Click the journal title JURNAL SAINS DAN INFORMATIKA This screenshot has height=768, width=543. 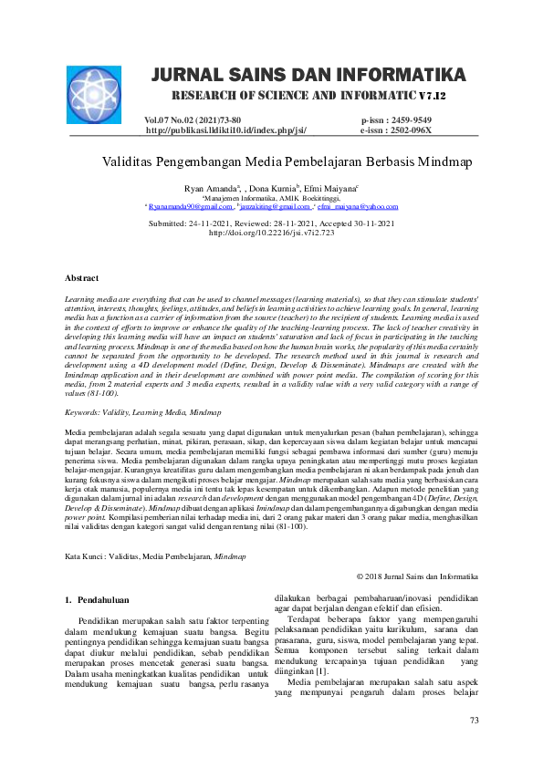coord(308,74)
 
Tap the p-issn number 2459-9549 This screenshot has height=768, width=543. coord(410,120)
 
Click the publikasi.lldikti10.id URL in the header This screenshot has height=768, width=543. coord(225,130)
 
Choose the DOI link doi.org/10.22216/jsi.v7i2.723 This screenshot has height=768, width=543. coord(271,233)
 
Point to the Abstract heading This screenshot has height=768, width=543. coord(82,276)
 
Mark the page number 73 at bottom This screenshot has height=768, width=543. coord(474,721)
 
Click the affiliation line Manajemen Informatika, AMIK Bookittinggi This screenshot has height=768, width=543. coord(271,197)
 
